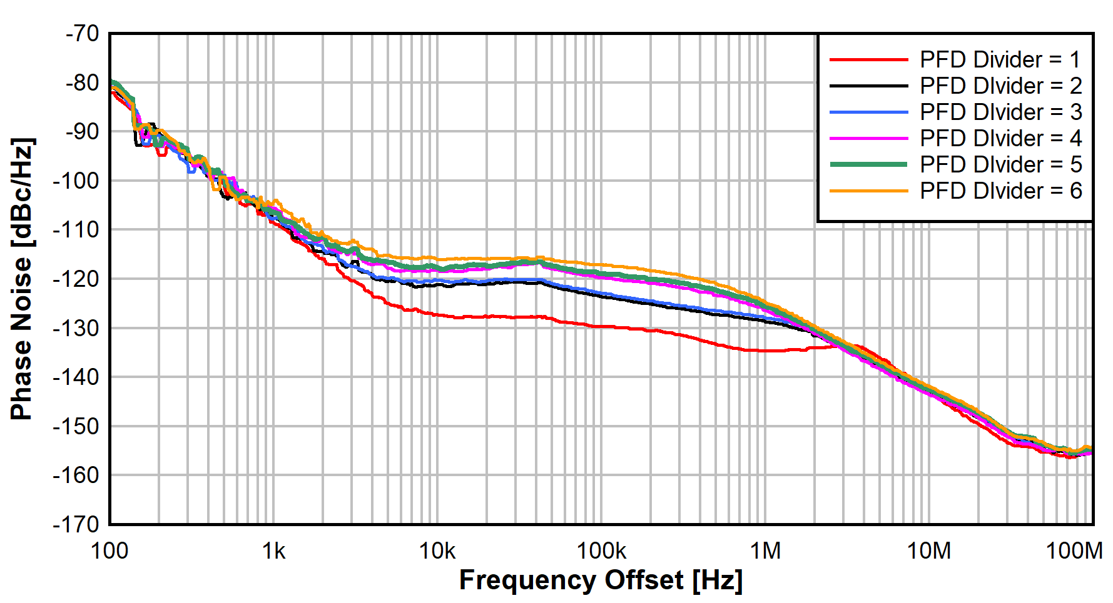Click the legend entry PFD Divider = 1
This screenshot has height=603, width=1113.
tap(1000, 60)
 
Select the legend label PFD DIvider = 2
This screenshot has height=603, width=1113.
tap(1000, 86)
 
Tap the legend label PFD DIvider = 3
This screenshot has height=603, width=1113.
tap(1000, 112)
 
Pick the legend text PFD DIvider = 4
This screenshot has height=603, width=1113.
tap(1000, 139)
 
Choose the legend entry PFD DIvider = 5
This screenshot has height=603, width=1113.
tap(1000, 165)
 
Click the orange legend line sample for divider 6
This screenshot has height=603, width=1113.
tap(868, 191)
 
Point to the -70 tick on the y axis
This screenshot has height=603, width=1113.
tap(82, 34)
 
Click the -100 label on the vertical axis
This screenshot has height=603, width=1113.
tap(76, 181)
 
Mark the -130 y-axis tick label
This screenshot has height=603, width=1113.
tap(76, 329)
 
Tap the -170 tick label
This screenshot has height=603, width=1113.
tap(76, 524)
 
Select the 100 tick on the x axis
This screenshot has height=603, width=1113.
tap(109, 551)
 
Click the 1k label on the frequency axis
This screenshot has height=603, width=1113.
tap(273, 551)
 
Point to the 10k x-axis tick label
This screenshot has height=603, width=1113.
tap(437, 551)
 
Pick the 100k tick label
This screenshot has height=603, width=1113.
tap(601, 551)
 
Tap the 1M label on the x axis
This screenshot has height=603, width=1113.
tap(765, 551)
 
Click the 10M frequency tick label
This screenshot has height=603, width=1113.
tap(929, 551)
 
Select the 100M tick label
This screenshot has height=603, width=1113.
tap(1074, 551)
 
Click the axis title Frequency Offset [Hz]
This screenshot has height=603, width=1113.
tap(601, 581)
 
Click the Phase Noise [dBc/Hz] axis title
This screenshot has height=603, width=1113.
tap(22, 279)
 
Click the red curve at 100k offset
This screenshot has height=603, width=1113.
tap(601, 326)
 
